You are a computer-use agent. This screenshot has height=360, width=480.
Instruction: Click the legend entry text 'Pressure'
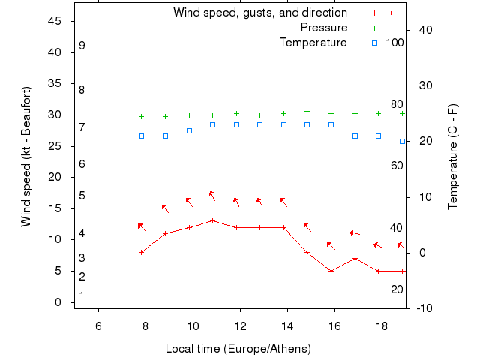click(324, 28)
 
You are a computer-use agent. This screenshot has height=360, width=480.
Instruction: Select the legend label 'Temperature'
click(313, 43)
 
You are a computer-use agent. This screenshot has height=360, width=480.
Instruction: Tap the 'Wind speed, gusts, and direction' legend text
click(260, 13)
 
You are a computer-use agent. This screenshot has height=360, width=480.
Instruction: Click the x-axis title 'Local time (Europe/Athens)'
click(238, 349)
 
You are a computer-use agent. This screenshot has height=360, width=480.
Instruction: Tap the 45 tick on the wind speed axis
click(55, 21)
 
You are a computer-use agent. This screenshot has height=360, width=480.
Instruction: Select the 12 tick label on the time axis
click(241, 325)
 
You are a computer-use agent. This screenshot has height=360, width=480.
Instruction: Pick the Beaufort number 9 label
click(82, 46)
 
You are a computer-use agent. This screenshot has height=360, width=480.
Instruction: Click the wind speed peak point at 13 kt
click(213, 220)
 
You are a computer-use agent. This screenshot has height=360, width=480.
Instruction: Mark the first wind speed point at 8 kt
click(141, 252)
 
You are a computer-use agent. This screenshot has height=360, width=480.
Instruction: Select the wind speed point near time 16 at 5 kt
click(331, 271)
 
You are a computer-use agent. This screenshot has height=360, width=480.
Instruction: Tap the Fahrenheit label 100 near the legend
click(394, 43)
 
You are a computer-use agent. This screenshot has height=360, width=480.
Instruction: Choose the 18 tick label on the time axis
click(382, 325)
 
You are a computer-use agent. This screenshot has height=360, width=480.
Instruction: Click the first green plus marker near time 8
click(141, 116)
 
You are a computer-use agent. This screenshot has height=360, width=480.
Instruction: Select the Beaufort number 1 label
click(81, 295)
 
